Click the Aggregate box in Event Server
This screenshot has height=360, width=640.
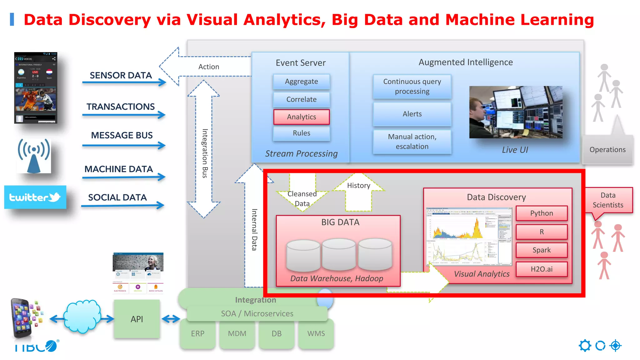301,82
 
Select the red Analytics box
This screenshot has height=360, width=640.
301,117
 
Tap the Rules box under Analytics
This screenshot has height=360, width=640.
301,133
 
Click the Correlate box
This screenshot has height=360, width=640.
301,99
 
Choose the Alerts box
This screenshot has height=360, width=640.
412,114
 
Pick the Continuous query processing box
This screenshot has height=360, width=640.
412,87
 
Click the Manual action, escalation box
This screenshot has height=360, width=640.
412,142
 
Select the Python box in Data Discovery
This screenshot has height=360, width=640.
541,213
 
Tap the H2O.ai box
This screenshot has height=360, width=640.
541,269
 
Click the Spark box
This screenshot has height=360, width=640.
541,250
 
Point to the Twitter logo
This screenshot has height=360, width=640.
35,197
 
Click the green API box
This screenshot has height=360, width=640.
137,319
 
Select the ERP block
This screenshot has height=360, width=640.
197,334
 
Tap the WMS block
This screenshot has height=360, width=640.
316,334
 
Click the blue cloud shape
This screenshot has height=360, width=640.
82,316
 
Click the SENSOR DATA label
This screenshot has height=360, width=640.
121,75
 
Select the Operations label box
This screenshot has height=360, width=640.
607,150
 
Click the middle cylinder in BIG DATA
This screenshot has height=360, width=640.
339,254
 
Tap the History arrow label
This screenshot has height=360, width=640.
358,186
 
